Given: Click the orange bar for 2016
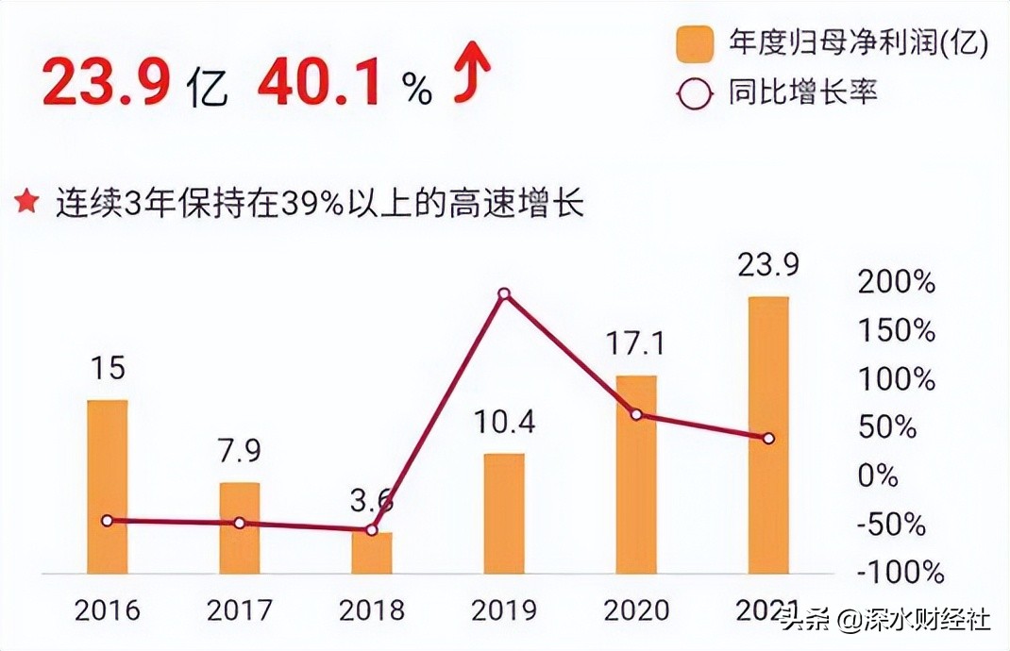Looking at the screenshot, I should [107, 486].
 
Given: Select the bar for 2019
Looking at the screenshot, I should [504, 513].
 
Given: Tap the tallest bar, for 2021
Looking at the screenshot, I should [768, 434].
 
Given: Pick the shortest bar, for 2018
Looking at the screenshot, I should [372, 552].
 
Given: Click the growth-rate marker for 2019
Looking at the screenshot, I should [504, 294].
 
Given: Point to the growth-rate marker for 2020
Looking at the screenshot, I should [636, 415].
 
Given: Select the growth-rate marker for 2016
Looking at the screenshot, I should [107, 521].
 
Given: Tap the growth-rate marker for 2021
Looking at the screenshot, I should [768, 439].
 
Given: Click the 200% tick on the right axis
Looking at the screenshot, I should [897, 282].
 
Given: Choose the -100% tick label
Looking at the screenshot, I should [900, 572].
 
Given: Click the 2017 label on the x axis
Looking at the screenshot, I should [240, 610].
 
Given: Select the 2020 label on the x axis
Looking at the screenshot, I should [636, 610].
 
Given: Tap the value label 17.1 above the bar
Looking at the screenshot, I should [636, 344].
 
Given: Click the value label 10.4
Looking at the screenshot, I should [504, 422].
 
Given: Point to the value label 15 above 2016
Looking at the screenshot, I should [109, 368].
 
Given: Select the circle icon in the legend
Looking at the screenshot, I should [696, 94].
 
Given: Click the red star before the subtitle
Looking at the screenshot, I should [27, 203].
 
